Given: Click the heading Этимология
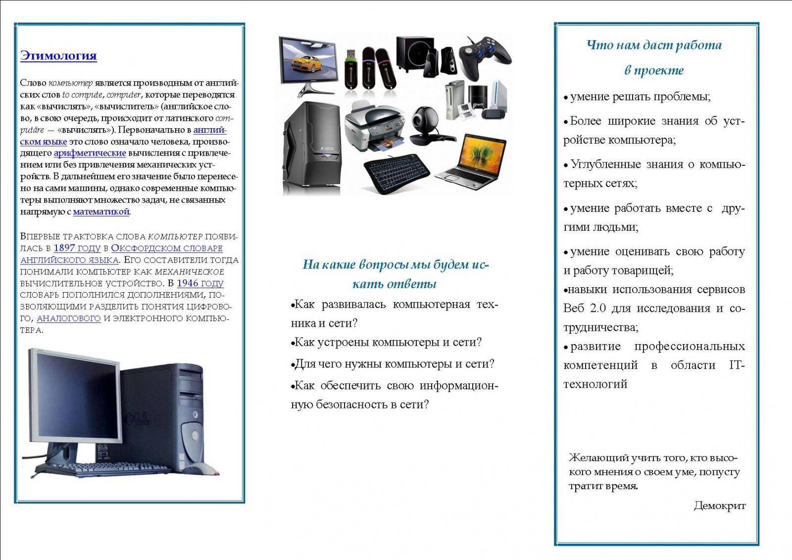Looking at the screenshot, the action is coord(58,56).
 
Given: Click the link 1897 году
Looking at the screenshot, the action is coord(77,248).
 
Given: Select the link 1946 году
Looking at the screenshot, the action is coord(200,283).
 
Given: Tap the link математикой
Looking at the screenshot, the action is coord(101,211).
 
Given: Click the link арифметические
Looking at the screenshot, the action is coord(90,153).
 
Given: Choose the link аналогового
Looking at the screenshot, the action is coord(69,318).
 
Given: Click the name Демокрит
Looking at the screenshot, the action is coord(720,506).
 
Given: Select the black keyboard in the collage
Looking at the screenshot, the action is coord(396,173).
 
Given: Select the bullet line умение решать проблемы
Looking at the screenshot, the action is coord(637,97).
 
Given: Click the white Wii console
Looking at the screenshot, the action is coord(498,94).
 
